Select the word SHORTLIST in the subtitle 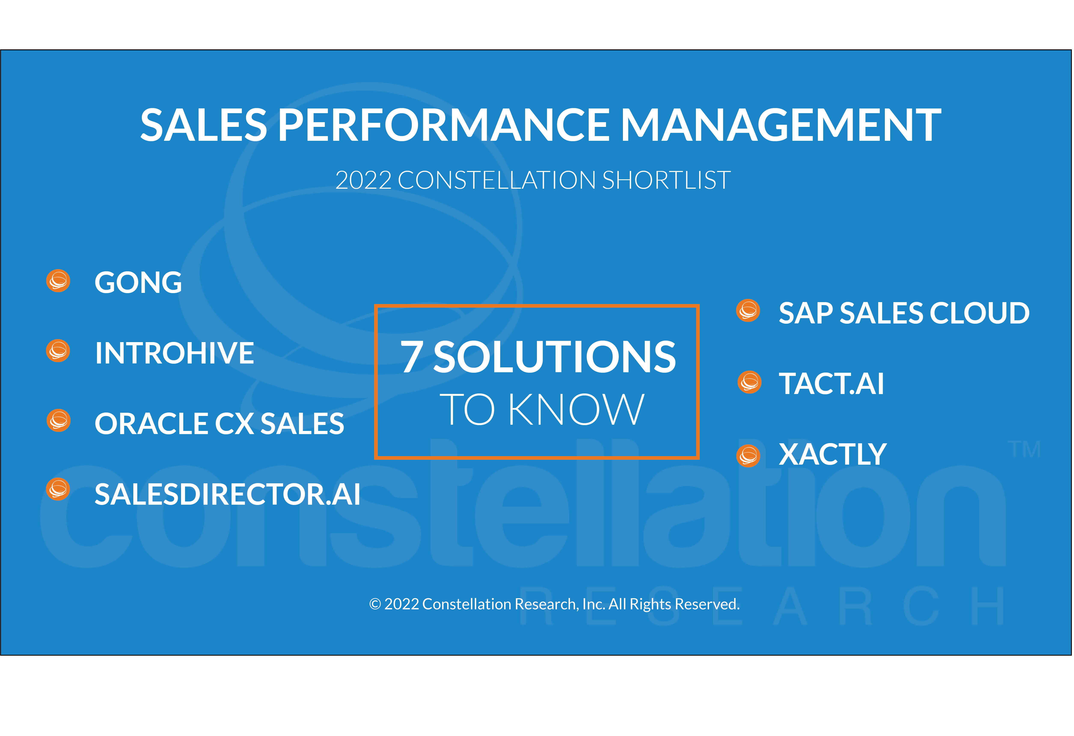(x=666, y=180)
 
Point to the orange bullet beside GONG (x=58, y=280)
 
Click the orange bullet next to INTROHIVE (x=58, y=351)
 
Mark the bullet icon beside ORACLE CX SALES (x=59, y=420)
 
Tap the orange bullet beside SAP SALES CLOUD (x=748, y=310)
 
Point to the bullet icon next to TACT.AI (x=750, y=382)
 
